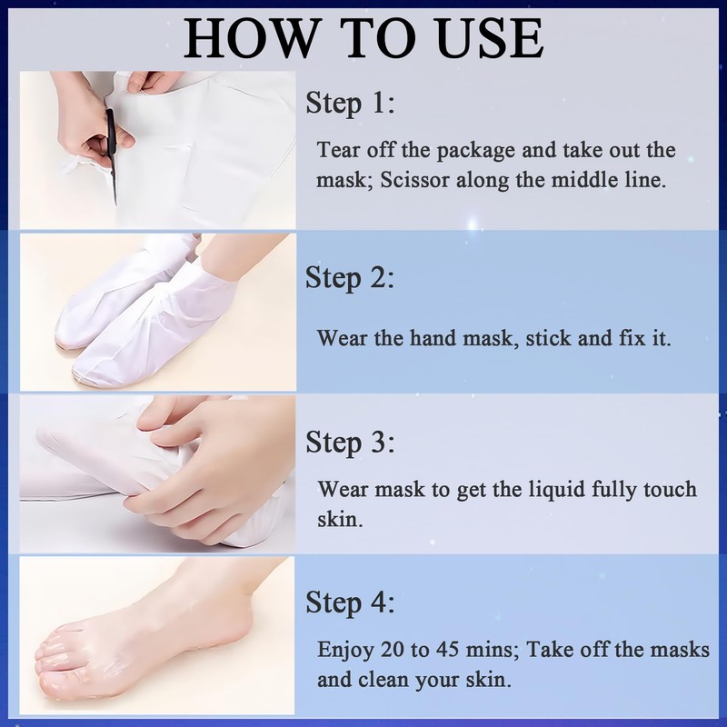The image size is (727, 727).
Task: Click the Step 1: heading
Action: [350, 104]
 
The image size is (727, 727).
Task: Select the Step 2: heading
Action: [350, 277]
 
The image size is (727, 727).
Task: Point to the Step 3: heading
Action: [350, 443]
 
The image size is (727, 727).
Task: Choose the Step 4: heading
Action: [350, 602]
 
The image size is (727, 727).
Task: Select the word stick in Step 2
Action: [552, 338]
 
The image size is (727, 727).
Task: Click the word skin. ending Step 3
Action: [338, 521]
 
